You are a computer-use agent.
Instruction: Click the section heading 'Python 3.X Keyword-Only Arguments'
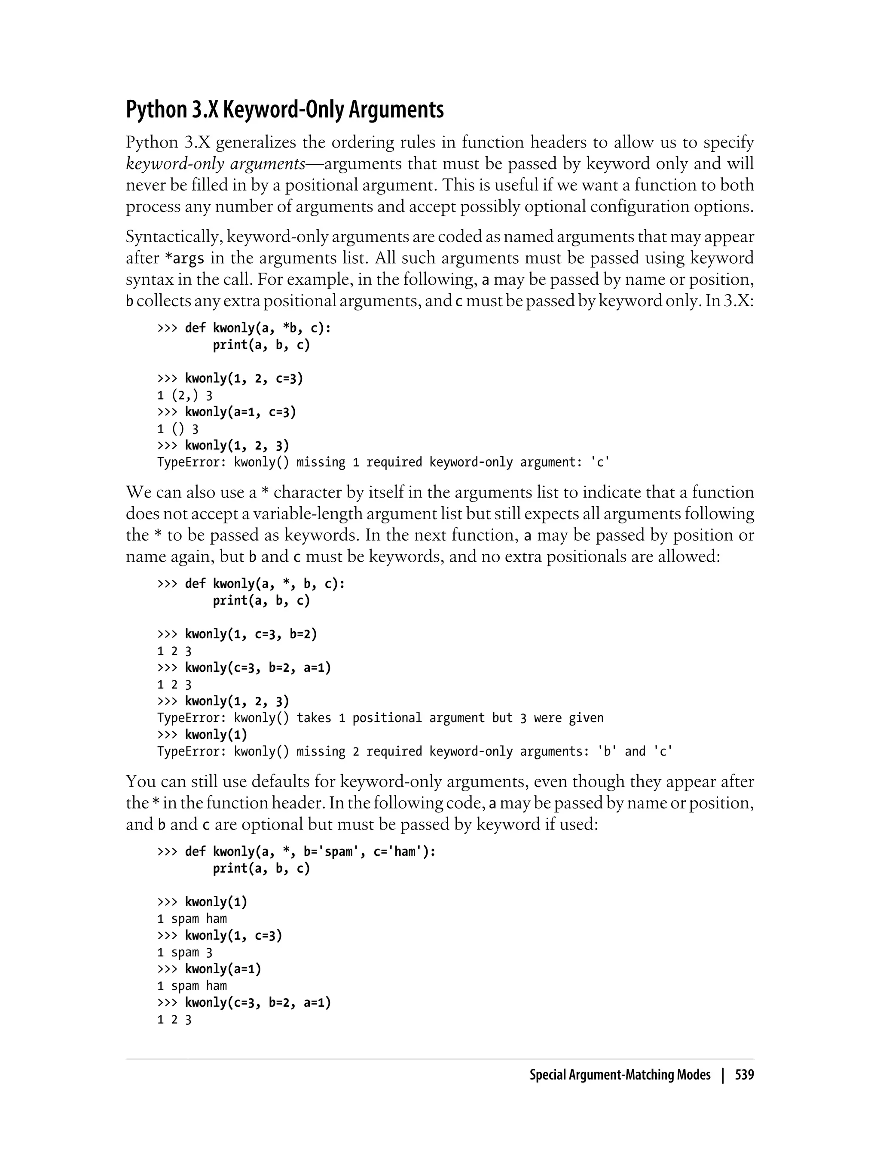point(284,110)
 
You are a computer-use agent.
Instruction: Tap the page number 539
point(744,1075)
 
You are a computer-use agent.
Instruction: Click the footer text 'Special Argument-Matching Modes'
point(620,1075)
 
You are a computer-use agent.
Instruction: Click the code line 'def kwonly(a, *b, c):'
point(258,328)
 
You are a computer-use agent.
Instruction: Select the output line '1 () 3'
point(177,429)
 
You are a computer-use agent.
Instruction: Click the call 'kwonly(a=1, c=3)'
point(241,412)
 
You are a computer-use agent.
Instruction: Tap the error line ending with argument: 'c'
point(383,462)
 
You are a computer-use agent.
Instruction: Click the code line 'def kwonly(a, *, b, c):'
point(265,584)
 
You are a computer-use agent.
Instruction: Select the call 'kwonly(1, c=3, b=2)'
point(251,634)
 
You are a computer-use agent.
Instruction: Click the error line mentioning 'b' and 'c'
point(415,751)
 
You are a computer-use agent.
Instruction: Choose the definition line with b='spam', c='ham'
point(310,851)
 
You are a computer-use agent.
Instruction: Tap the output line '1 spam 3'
point(184,952)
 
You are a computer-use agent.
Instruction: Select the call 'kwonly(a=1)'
point(223,969)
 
